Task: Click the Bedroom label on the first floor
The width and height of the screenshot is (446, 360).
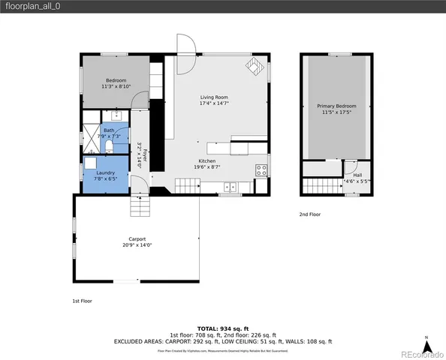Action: click(116, 80)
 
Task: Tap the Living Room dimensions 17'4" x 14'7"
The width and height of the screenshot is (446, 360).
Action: click(214, 104)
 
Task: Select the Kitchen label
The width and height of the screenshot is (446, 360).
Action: click(207, 161)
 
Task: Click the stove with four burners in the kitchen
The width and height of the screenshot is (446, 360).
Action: click(261, 169)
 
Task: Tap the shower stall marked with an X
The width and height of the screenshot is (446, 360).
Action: click(89, 136)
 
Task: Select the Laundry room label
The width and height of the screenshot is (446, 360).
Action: click(105, 172)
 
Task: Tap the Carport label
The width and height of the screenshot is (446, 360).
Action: click(137, 239)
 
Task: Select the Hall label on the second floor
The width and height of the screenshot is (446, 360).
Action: click(357, 175)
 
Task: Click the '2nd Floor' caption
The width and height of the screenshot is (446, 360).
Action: click(309, 214)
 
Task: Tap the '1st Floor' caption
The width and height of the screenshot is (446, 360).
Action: click(71, 300)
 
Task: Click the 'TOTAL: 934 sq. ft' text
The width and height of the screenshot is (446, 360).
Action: click(222, 328)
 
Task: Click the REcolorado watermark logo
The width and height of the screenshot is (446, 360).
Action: click(420, 354)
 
